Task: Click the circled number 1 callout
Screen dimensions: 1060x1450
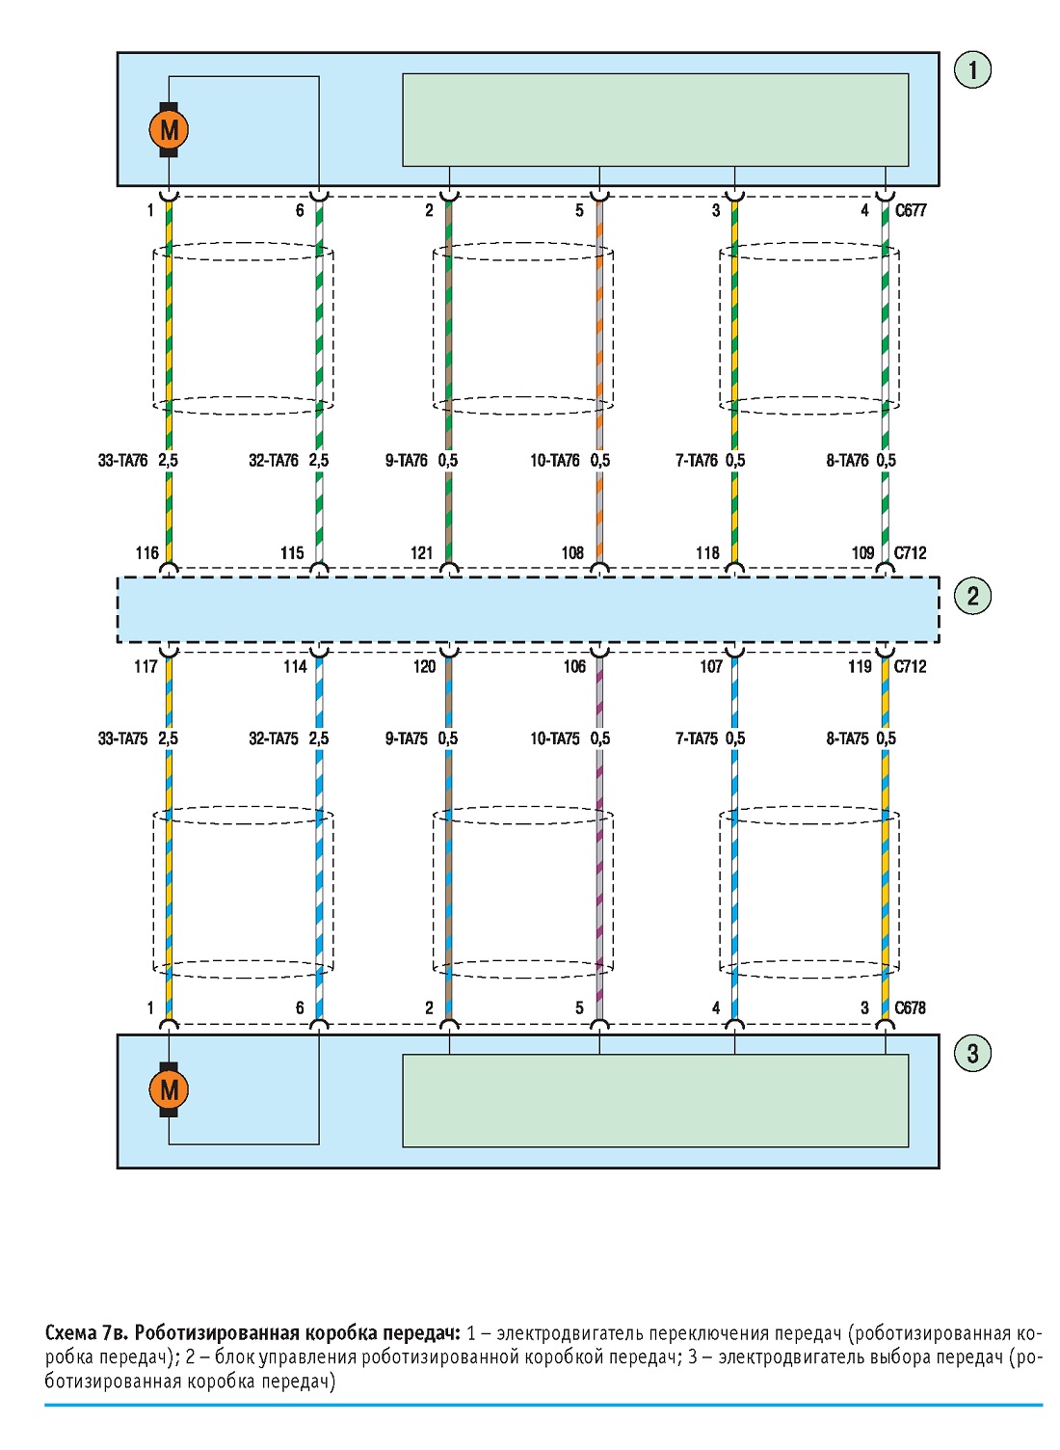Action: click(x=972, y=69)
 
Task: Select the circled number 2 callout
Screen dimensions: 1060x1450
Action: click(x=972, y=596)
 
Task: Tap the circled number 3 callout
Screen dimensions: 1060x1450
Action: click(x=972, y=1053)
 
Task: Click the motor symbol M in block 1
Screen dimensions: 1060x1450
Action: click(x=169, y=129)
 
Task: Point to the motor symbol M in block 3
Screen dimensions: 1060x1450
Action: click(x=169, y=1090)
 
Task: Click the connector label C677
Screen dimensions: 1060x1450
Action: click(x=910, y=210)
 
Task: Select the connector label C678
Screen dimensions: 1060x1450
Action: click(x=910, y=1007)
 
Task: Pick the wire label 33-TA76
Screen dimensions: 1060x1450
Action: click(x=123, y=460)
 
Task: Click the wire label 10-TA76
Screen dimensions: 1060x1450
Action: click(x=555, y=460)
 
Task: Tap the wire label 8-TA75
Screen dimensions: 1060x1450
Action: click(x=847, y=738)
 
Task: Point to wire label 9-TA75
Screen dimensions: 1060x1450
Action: click(x=407, y=738)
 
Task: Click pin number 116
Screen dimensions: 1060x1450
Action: click(x=146, y=552)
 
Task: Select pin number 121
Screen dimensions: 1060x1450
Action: click(x=421, y=552)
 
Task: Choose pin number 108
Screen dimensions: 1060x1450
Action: click(x=572, y=552)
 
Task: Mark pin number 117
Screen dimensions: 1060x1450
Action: click(x=146, y=666)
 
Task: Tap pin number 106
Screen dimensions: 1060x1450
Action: click(x=574, y=666)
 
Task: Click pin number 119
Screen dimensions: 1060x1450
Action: click(x=860, y=666)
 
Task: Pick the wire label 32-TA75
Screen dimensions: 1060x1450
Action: click(x=274, y=738)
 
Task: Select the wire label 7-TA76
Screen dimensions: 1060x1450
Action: click(x=697, y=460)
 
